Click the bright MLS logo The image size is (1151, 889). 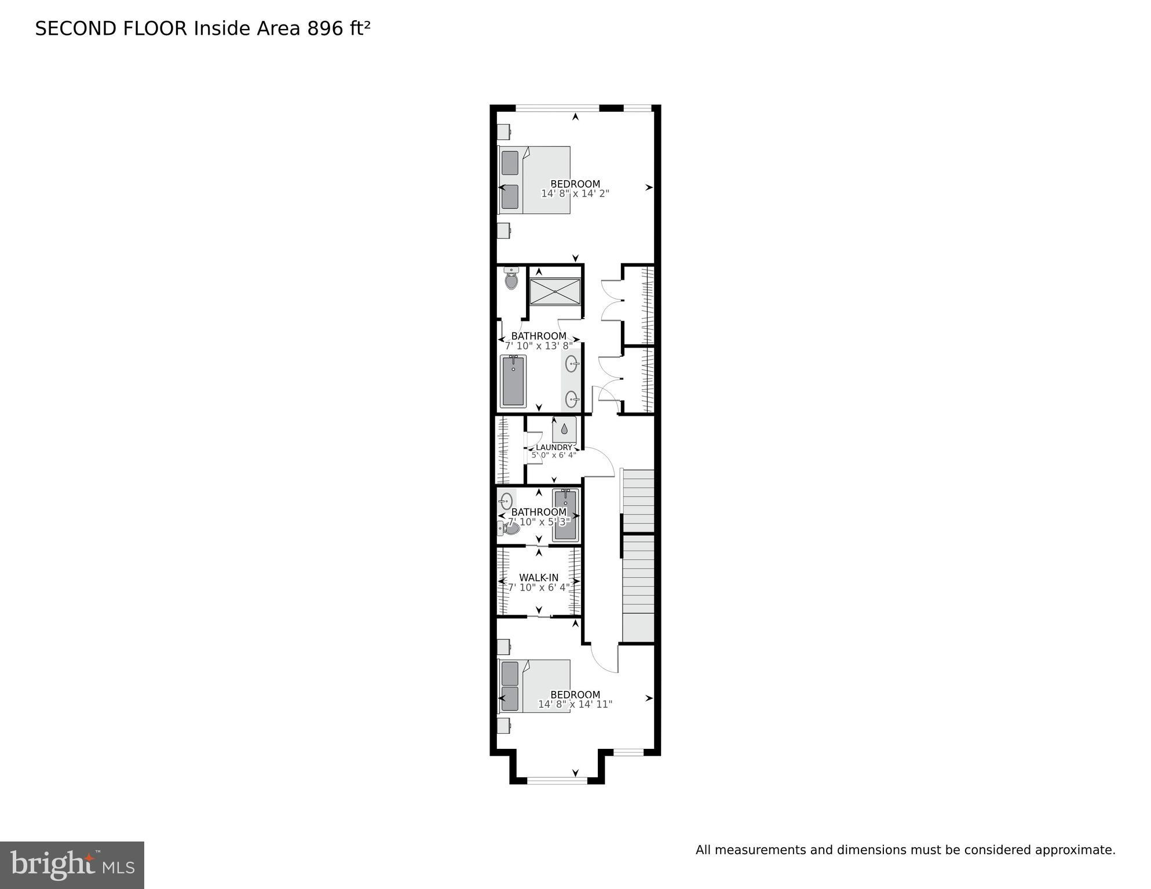click(x=72, y=865)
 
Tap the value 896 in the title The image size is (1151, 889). click(x=325, y=28)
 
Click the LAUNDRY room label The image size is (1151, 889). click(x=554, y=447)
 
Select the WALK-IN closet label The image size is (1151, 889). click(x=539, y=577)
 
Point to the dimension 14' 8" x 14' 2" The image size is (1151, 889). click(x=575, y=193)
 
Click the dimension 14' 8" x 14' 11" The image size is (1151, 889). click(x=575, y=704)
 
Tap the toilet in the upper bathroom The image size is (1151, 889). click(x=511, y=280)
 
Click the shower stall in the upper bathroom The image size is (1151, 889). click(x=555, y=291)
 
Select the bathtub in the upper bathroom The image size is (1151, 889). click(x=513, y=381)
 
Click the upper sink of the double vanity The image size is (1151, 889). click(x=571, y=364)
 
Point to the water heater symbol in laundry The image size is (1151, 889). click(x=564, y=429)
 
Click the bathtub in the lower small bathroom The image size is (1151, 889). click(x=565, y=514)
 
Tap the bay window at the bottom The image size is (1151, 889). click(x=557, y=780)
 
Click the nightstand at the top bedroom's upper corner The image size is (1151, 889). click(x=503, y=132)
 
